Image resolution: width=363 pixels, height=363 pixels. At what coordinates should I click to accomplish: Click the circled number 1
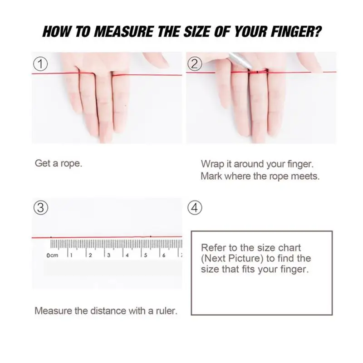pyautogui.click(x=40, y=64)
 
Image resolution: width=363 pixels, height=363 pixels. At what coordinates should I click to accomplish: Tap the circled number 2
pyautogui.click(x=195, y=64)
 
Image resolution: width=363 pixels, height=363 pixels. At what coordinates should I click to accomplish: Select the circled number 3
pyautogui.click(x=41, y=208)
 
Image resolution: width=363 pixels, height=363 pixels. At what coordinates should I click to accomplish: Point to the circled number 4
pyautogui.click(x=195, y=208)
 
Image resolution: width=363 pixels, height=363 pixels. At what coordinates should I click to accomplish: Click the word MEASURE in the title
pyautogui.click(x=123, y=32)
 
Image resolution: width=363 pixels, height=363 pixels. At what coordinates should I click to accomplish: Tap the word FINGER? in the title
pyautogui.click(x=296, y=32)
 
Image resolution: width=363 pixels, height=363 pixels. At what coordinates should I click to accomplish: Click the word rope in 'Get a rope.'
pyautogui.click(x=71, y=164)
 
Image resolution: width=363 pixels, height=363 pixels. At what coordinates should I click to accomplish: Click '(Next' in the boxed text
pyautogui.click(x=213, y=259)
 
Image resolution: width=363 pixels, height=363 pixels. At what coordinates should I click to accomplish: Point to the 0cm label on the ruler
pyautogui.click(x=52, y=255)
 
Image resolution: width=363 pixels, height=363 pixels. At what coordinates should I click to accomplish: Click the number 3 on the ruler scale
pyautogui.click(x=108, y=255)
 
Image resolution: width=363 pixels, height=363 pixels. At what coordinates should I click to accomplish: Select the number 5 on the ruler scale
pyautogui.click(x=145, y=255)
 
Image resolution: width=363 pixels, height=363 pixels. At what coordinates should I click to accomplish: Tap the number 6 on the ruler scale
pyautogui.click(x=164, y=255)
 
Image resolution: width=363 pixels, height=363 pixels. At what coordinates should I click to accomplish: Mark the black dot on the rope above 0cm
pyautogui.click(x=51, y=237)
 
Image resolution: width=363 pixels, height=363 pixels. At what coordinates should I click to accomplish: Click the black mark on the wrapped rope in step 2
pyautogui.click(x=257, y=72)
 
